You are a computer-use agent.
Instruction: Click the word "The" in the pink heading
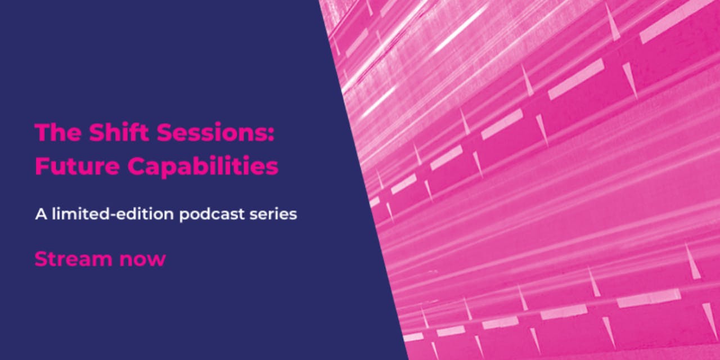58,132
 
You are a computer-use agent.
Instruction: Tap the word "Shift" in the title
119,132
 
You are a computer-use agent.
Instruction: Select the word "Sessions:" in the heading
216,132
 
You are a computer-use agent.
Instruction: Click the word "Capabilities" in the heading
203,166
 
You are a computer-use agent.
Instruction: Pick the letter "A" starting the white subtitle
41,214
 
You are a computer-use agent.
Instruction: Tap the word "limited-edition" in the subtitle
113,214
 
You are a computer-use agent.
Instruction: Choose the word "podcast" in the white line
212,215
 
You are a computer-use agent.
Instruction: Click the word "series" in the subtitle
273,214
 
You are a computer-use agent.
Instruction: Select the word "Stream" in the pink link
74,259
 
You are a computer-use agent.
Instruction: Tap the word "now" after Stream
143,260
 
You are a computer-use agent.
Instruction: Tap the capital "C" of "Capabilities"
136,166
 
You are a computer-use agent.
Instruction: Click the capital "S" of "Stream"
41,259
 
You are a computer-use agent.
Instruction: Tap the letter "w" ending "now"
156,260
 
